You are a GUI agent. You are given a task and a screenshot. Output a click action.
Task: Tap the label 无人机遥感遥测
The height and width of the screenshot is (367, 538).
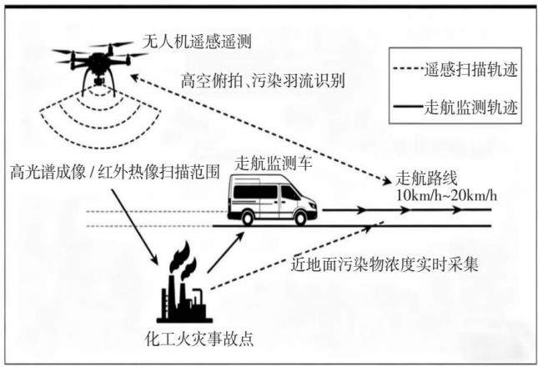click(197, 42)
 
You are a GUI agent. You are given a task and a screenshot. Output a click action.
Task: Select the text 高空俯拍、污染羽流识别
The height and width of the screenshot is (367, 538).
click(263, 81)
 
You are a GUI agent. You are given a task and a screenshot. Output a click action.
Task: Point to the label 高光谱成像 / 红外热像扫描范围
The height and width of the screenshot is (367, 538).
click(114, 172)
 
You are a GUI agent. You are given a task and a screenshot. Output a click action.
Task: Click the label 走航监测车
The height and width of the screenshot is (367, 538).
click(273, 163)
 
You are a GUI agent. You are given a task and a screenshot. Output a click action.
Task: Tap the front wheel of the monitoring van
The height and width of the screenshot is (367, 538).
click(300, 219)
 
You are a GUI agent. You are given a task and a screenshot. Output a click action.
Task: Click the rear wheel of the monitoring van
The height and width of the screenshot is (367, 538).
click(248, 219)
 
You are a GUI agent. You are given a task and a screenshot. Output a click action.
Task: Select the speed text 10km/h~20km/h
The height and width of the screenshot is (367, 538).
click(446, 196)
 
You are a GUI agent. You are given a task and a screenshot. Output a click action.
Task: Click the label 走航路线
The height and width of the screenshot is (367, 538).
click(427, 179)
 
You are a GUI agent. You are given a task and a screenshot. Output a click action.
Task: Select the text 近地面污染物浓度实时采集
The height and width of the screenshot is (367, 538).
click(385, 264)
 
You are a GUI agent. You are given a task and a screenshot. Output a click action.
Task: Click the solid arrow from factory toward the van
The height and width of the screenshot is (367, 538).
click(225, 253)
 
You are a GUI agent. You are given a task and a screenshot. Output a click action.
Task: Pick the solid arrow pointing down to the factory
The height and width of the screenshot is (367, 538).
click(134, 227)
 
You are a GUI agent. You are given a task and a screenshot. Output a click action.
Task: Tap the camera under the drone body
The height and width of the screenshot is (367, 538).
click(99, 81)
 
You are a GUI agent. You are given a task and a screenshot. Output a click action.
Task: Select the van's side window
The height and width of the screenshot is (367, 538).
click(255, 192)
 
